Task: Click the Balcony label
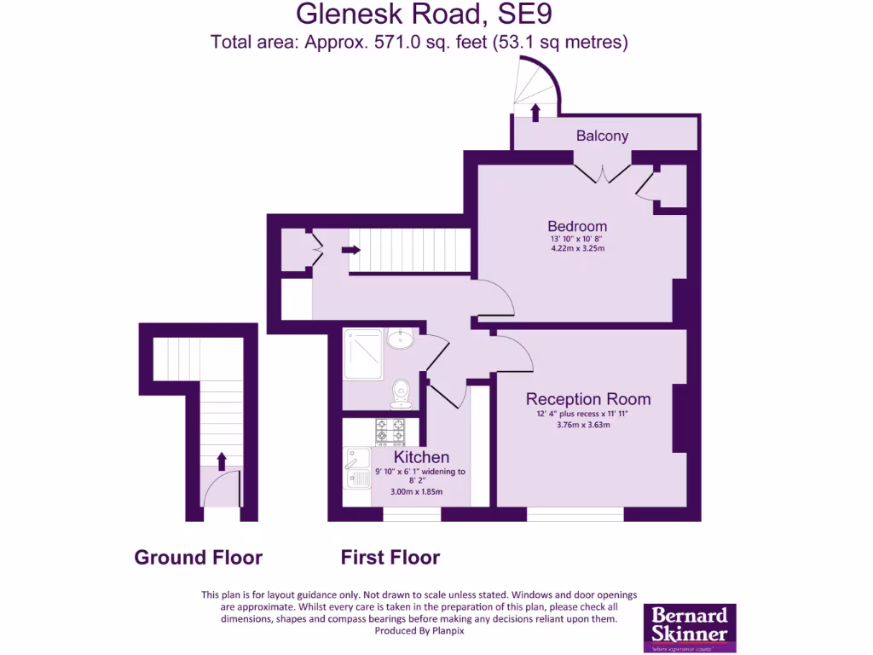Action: click(602, 136)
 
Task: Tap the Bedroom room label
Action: click(577, 226)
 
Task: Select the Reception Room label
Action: click(587, 399)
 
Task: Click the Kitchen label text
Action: click(421, 458)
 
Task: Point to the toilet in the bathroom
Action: click(400, 392)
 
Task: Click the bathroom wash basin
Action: click(400, 339)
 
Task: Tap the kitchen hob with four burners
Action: click(391, 431)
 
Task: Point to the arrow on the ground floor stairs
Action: click(222, 461)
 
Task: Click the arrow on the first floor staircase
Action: click(350, 250)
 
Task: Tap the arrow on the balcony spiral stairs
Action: click(535, 112)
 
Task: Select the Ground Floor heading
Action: click(199, 558)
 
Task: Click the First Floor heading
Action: click(390, 558)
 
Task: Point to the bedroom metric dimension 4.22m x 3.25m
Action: click(577, 249)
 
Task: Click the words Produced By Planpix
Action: click(419, 631)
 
